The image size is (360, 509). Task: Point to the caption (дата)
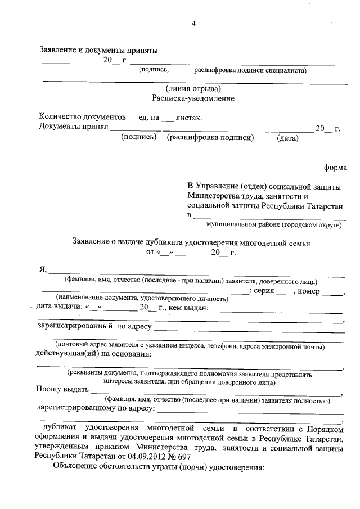(x=287, y=137)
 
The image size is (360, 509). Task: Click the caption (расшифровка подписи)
(x=207, y=137)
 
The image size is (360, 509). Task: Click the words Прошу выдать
(x=62, y=389)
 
